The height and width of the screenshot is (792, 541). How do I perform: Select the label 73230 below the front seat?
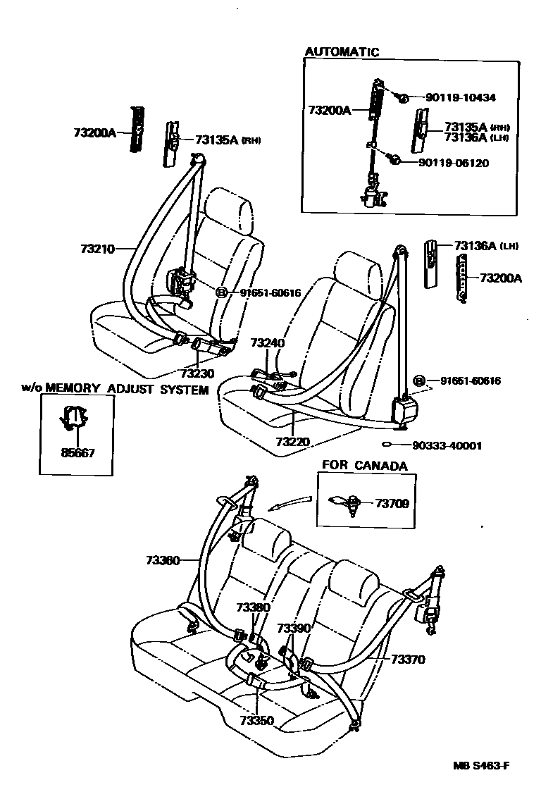pos(197,373)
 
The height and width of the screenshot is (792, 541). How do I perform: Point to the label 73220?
pos(292,442)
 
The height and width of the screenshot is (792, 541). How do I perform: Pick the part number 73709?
pos(392,503)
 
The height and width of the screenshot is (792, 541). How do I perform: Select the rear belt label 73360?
pos(163,561)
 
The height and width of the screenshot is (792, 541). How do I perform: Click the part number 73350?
pos(256,721)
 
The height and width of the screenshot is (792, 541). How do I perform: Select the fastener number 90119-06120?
pos(454,163)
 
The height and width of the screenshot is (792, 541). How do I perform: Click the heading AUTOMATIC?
pos(342,52)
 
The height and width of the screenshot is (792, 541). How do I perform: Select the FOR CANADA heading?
pos(364,466)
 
